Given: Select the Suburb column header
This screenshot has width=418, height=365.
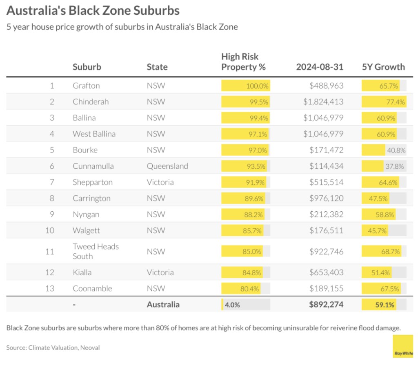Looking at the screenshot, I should pyautogui.click(x=87, y=67).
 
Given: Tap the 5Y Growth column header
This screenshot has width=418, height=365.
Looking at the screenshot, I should pyautogui.click(x=383, y=67).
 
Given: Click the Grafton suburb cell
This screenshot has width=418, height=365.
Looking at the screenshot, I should pyautogui.click(x=86, y=86).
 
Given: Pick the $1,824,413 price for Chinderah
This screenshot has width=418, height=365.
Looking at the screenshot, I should pyautogui.click(x=323, y=102).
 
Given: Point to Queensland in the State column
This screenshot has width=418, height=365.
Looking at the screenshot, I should pyautogui.click(x=167, y=166).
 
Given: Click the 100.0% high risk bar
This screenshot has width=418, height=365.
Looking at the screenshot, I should pyautogui.click(x=246, y=86).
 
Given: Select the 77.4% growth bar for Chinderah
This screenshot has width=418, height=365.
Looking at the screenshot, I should pyautogui.click(x=384, y=102).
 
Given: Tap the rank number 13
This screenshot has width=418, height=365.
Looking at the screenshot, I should pyautogui.click(x=49, y=288).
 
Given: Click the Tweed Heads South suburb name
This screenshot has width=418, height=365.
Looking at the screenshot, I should pyautogui.click(x=96, y=251).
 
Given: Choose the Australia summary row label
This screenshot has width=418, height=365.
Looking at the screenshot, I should pyautogui.click(x=163, y=304).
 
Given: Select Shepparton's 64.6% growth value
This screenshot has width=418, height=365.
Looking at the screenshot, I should pyautogui.click(x=388, y=182).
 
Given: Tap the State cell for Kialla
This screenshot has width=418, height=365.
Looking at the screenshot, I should pyautogui.click(x=160, y=272).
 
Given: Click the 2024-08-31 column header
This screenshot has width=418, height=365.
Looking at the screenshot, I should pyautogui.click(x=320, y=67).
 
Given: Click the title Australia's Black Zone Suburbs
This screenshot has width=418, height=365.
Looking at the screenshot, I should pyautogui.click(x=93, y=10).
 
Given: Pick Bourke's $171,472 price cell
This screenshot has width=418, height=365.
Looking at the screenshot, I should pyautogui.click(x=326, y=150).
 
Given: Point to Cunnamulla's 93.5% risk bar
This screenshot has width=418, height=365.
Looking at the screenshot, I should pyautogui.click(x=244, y=166).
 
